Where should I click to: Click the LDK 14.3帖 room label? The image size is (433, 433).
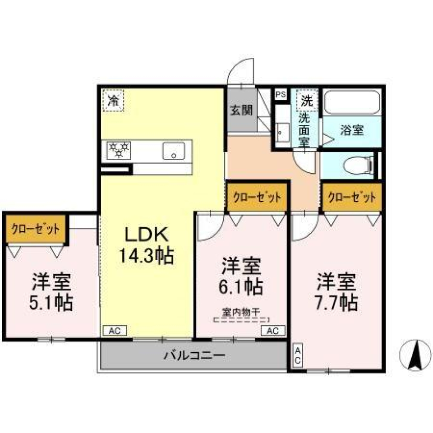pos(146,245)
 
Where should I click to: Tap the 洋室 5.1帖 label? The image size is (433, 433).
pos(51,292)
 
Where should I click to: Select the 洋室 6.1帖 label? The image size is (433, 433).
pos(241,276)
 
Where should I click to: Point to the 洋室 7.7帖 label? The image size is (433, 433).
pos(336,292)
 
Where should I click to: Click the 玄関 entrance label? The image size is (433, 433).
pos(242,111)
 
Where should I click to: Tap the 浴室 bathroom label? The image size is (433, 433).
pos(352,130)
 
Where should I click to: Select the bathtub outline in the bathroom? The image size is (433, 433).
pos(352,102)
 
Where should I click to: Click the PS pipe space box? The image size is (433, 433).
pos(281,95)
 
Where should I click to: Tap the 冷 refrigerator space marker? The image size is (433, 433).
pos(113,100)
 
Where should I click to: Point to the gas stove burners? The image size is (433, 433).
pos(119,150)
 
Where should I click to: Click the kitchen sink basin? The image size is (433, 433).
pos(174,151)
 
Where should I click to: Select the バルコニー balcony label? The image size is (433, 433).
pos(194,355)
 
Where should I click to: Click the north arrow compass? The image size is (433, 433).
pos(415,355)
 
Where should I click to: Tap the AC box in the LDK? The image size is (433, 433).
pos(115,331)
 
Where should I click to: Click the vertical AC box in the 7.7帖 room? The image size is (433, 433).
pos(298,355)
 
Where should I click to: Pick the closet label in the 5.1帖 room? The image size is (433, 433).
pos(35,229)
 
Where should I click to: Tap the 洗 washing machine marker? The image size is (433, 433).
pos(307,100)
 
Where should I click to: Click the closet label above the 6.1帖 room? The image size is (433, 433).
pos(258,197)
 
